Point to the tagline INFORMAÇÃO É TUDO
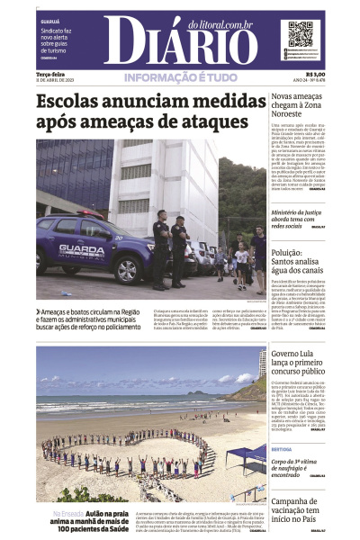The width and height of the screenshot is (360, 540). coord(181,77)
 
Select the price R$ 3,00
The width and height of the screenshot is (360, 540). coord(314,74)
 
